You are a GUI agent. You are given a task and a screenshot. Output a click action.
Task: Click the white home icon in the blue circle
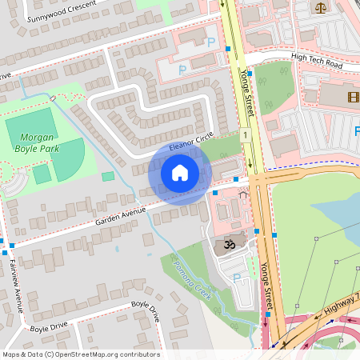tap(180, 173)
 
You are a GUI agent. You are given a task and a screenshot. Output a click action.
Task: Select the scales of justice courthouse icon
tap(321, 7)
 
